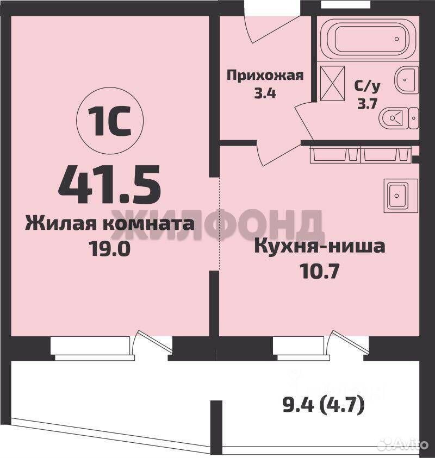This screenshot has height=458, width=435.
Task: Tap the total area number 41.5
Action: [x=109, y=185]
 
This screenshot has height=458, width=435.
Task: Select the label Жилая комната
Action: [x=110, y=224]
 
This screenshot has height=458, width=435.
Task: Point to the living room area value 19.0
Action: [x=110, y=249]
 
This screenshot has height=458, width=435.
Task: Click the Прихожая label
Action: [x=265, y=76]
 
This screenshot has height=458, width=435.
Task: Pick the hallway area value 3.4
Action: [x=265, y=93]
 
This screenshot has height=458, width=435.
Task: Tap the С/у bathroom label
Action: [x=368, y=86]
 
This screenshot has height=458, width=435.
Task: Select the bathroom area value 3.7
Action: [x=368, y=103]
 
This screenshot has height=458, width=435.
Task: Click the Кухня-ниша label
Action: [x=320, y=247]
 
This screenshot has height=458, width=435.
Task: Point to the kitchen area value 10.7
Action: [x=320, y=272]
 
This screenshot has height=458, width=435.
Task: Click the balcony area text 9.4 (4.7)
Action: [x=324, y=405]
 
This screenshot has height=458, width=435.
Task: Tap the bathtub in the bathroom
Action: [x=370, y=40]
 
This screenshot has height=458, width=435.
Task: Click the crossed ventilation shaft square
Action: [x=332, y=84]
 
